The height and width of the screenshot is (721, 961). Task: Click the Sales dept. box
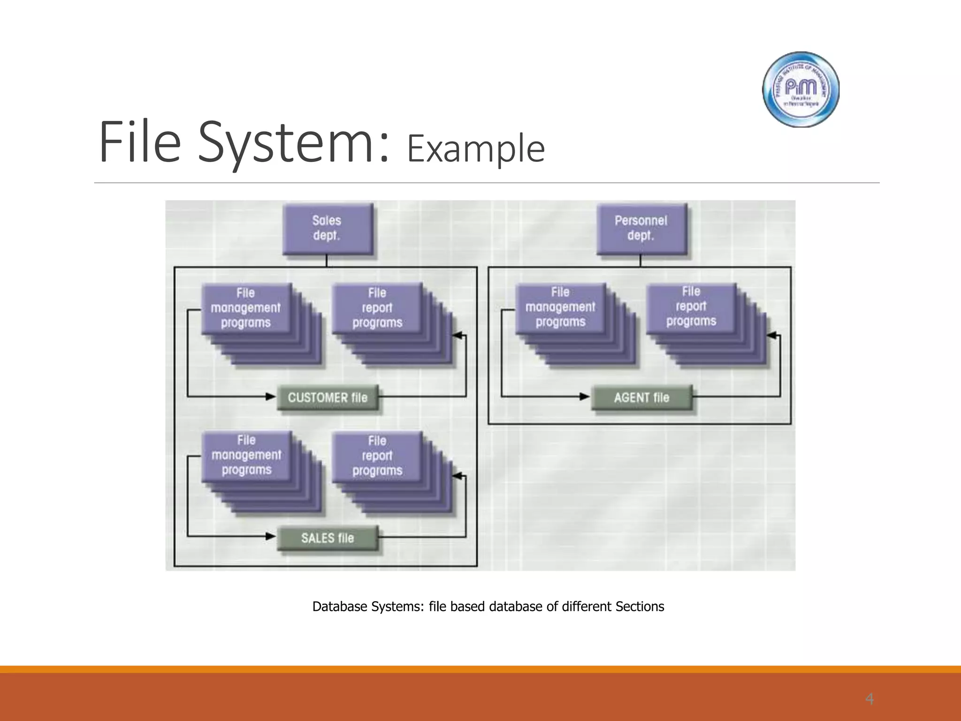coord(327,229)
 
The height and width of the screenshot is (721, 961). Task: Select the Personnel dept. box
coord(641,229)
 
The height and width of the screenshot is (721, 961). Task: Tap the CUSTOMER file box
coord(328,398)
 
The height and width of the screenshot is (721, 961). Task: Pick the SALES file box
coord(328,538)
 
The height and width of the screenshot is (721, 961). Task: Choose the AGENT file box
coord(641,398)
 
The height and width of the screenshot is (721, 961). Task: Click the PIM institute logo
coord(801,89)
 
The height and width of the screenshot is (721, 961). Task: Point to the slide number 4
coord(869,699)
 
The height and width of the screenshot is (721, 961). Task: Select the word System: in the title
coord(293,142)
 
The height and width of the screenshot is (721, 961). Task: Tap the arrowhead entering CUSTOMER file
coord(271,397)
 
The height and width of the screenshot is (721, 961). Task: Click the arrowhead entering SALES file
coord(271,537)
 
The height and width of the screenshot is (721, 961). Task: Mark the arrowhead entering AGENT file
coord(585,397)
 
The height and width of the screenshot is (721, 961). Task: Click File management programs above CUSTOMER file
coord(246,308)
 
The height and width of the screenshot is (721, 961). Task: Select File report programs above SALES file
coord(377,456)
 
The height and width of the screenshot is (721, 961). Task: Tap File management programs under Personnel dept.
coord(560,307)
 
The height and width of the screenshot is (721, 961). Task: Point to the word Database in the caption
coord(340,606)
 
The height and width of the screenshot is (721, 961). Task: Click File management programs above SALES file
coord(246,455)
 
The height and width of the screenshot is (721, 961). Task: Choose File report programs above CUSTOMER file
coord(377,308)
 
